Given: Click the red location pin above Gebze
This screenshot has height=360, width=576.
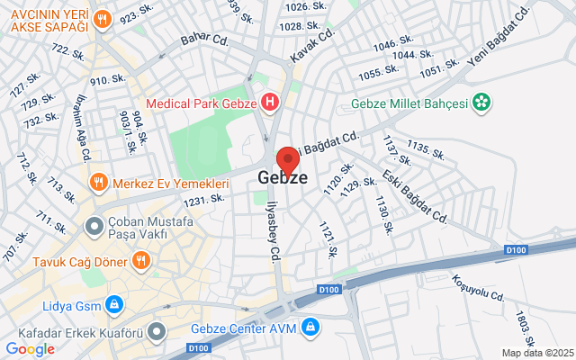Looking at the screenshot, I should (287, 159).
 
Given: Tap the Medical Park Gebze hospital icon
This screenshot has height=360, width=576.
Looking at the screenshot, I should (268, 102).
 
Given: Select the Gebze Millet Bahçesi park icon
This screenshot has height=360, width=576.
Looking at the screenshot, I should (482, 103).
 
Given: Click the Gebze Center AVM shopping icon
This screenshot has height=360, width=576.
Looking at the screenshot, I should (310, 326).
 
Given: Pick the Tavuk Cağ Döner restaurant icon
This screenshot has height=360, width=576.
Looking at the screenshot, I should (139, 262).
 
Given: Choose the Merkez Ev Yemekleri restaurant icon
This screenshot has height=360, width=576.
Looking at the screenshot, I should (98, 183).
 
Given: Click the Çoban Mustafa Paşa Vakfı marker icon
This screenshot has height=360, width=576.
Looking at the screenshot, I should (92, 224).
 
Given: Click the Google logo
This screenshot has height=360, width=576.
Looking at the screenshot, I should (30, 349).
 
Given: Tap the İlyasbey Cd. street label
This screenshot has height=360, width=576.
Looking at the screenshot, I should (269, 234).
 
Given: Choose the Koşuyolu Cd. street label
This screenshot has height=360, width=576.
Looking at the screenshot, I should (480, 285).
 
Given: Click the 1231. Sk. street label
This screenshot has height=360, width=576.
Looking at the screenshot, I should (204, 199).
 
